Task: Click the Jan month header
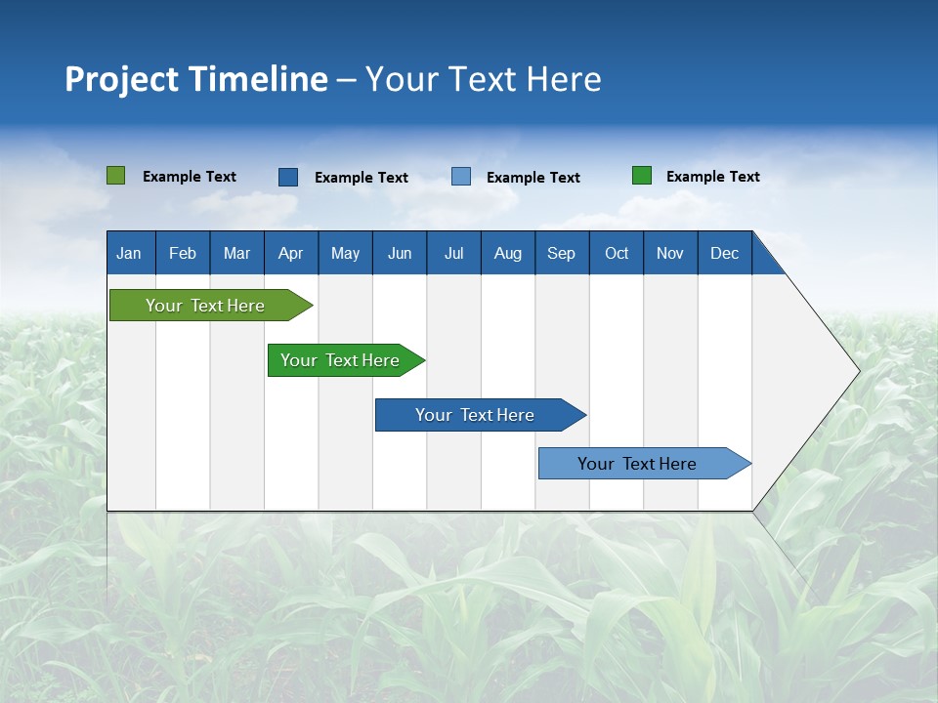(129, 253)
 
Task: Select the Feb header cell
(183, 253)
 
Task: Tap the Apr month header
(290, 253)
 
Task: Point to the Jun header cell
(400, 253)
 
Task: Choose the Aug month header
(508, 253)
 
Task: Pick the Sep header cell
(562, 253)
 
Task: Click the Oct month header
(617, 253)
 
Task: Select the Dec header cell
(725, 253)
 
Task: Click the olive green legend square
(116, 176)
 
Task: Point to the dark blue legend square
(288, 177)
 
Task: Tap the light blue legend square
(461, 177)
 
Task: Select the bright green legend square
(642, 176)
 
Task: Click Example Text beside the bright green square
(713, 177)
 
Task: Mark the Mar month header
(236, 253)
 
